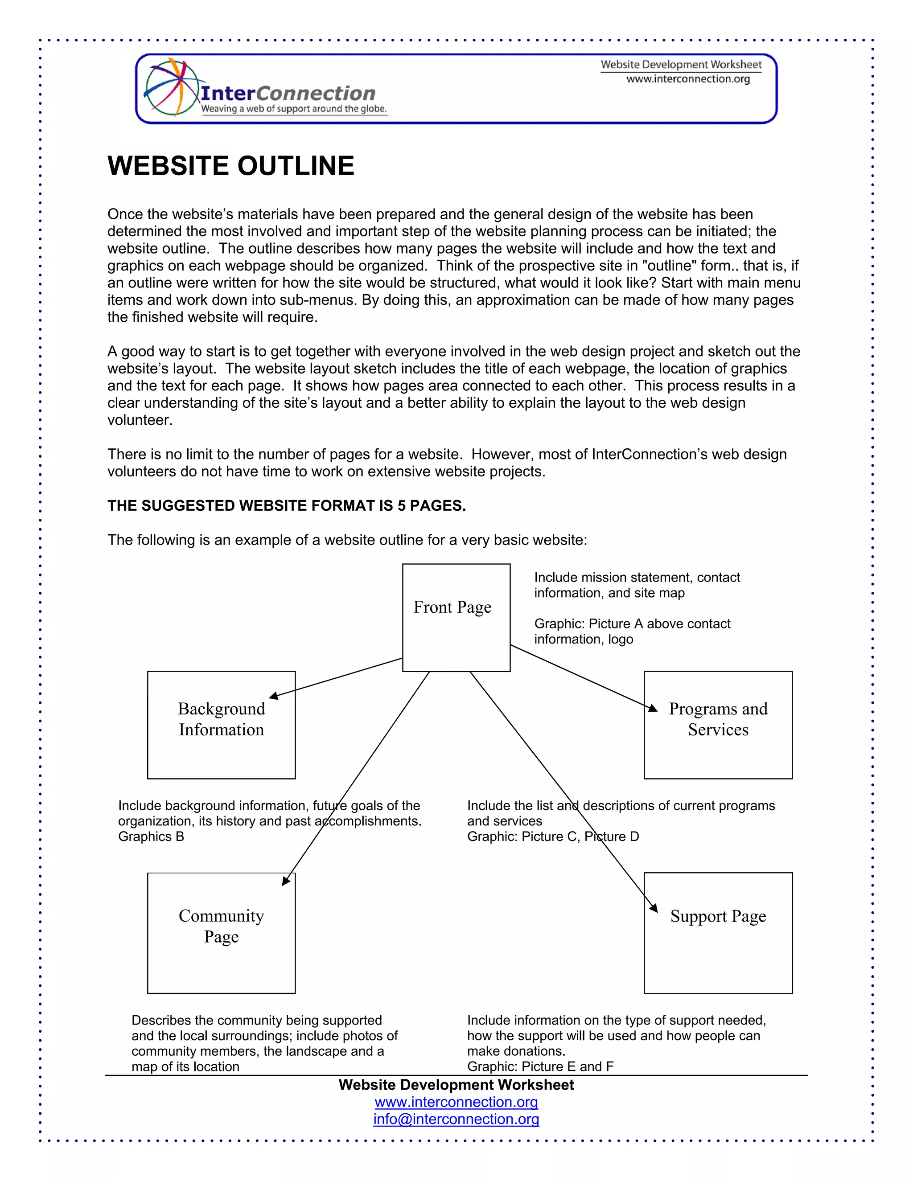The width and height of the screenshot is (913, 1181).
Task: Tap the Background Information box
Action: point(221,725)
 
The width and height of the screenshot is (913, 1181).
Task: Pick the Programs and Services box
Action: point(718,725)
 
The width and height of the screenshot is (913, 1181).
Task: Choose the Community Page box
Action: point(221,933)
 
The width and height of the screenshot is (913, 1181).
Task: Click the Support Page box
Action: point(718,933)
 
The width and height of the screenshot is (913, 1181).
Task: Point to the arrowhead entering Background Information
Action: point(274,696)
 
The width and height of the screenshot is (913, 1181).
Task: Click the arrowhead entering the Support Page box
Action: point(654,908)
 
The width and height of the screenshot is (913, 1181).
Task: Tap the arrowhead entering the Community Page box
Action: point(286,880)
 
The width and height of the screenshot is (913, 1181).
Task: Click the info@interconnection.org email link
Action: point(456,1119)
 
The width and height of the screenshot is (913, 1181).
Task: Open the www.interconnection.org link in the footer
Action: point(456,1102)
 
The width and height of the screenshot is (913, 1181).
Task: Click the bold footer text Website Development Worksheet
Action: point(456,1085)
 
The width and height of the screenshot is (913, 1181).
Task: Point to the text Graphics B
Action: point(151,837)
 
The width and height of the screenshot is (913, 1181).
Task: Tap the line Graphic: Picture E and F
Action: point(540,1066)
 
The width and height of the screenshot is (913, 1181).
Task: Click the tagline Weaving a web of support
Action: point(294,109)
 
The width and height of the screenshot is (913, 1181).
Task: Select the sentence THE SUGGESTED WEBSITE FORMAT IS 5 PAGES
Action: point(286,506)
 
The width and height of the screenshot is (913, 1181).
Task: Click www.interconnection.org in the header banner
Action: point(688,79)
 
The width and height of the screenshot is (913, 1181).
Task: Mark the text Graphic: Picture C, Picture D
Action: point(553,837)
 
